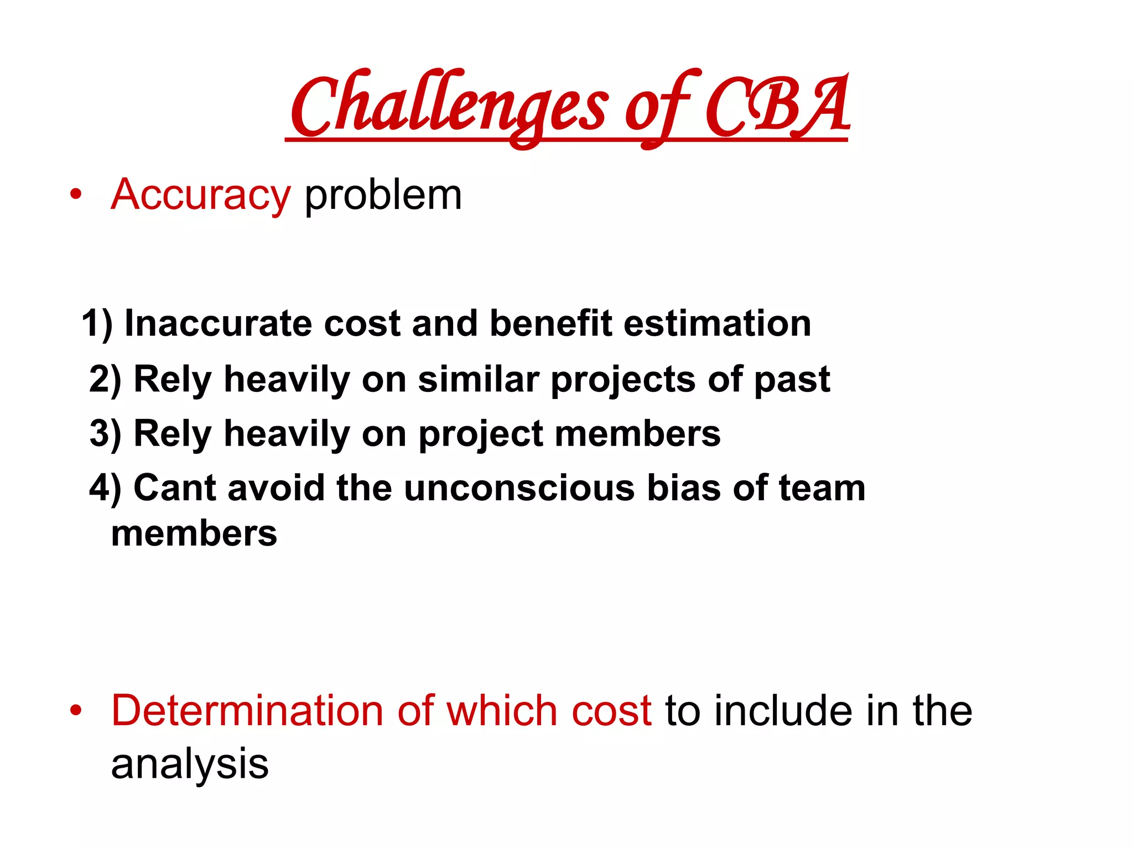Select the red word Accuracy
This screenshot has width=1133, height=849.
point(200,195)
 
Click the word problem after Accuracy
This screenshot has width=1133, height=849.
point(383,195)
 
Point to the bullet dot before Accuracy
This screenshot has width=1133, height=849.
point(76,195)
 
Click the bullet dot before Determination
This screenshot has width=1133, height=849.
point(76,710)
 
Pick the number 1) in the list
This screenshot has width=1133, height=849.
point(97,323)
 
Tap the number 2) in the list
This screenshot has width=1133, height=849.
point(105,380)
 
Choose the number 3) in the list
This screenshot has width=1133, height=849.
point(105,434)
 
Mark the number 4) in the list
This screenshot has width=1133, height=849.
point(105,488)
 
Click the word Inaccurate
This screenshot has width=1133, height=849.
point(218,323)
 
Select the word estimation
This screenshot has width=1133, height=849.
point(717,323)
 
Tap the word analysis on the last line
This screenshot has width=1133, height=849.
point(190,765)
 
